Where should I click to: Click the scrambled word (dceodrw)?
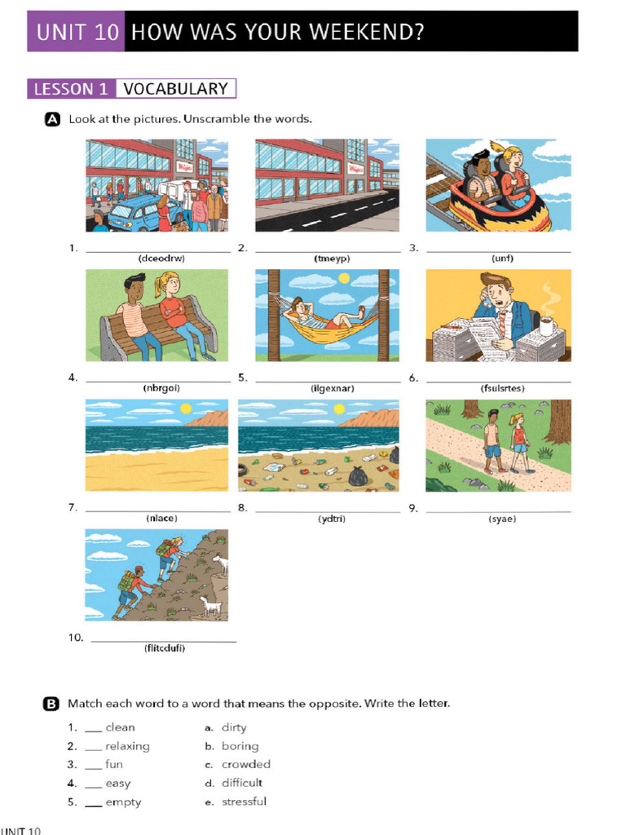pyautogui.click(x=161, y=258)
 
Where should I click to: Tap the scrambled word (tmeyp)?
pyautogui.click(x=332, y=258)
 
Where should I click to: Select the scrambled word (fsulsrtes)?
pyautogui.click(x=502, y=388)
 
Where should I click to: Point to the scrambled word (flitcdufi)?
pyautogui.click(x=165, y=648)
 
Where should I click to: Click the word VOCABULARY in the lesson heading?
pyautogui.click(x=176, y=88)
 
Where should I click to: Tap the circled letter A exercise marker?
pyautogui.click(x=52, y=119)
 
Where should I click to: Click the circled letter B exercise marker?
pyautogui.click(x=51, y=704)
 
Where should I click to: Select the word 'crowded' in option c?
pyautogui.click(x=246, y=764)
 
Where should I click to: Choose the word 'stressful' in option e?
pyautogui.click(x=244, y=802)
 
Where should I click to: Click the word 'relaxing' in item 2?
pyautogui.click(x=127, y=746)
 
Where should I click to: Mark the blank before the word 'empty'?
pyautogui.click(x=93, y=805)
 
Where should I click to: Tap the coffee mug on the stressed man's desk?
pyautogui.click(x=547, y=325)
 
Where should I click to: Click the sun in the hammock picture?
pyautogui.click(x=345, y=278)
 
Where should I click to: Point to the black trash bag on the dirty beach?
pyautogui.click(x=359, y=475)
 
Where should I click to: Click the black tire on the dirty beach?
pyautogui.click(x=245, y=471)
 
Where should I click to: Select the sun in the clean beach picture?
pyautogui.click(x=186, y=409)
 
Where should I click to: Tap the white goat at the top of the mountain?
pyautogui.click(x=220, y=564)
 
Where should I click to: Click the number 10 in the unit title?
pyautogui.click(x=106, y=32)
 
